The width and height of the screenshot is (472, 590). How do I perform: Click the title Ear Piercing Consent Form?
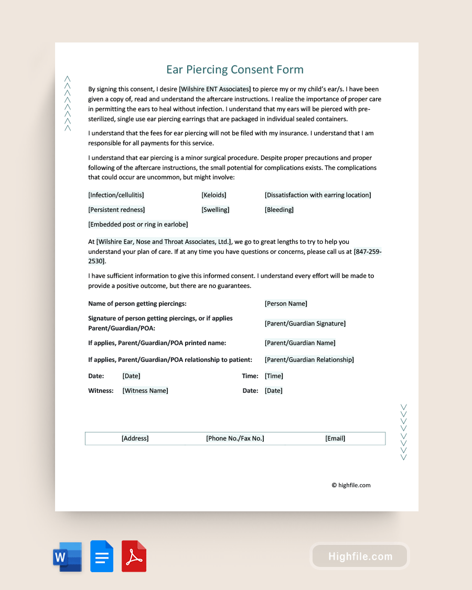[x=235, y=70]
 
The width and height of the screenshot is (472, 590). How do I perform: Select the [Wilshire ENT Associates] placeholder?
[x=215, y=89]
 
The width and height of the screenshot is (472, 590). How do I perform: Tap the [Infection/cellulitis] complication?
[x=116, y=195]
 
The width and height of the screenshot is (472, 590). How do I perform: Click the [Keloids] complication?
[x=214, y=195]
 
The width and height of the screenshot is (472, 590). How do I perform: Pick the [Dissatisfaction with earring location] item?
[x=318, y=195]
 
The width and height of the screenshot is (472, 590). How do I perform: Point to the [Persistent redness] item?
[x=116, y=210]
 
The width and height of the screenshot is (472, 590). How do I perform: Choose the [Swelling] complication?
[x=216, y=210]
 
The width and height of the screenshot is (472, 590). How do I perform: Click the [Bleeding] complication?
[x=279, y=210]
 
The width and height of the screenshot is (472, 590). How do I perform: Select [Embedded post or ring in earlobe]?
[x=138, y=224]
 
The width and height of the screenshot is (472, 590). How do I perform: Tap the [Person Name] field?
[x=286, y=304]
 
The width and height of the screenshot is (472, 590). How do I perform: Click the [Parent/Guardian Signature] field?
[x=305, y=324]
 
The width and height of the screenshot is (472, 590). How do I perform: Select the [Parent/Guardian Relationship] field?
[x=309, y=360]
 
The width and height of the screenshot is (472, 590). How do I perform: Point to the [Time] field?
[x=274, y=376]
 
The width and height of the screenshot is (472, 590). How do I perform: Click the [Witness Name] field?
[x=145, y=391]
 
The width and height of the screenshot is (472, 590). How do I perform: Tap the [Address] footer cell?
[x=135, y=438]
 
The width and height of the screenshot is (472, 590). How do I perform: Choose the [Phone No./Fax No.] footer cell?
[x=235, y=438]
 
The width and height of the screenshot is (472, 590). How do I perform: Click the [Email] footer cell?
[x=335, y=438]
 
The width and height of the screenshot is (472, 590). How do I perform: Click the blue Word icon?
[x=67, y=556]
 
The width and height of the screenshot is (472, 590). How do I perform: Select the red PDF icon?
[x=134, y=556]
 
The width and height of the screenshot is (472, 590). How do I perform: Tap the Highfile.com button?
[x=360, y=556]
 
